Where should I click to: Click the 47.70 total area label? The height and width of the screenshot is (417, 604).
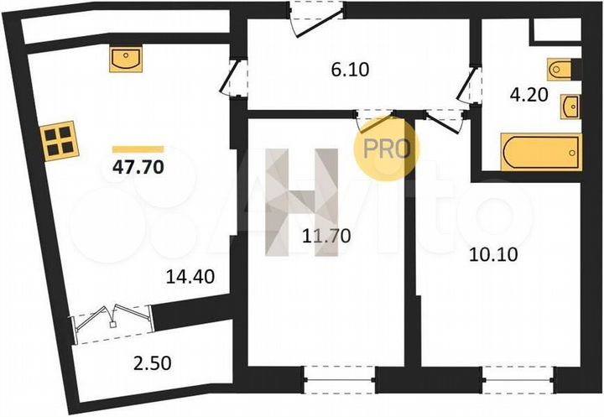coord(138,165)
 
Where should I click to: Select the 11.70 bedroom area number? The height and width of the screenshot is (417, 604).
coord(322,237)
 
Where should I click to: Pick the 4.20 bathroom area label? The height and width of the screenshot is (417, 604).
coord(530,95)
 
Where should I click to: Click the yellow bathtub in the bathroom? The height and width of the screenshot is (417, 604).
coord(539,152)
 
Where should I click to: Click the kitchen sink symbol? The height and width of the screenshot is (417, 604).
coord(128,59)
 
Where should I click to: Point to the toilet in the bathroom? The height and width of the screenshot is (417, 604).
coord(560,69)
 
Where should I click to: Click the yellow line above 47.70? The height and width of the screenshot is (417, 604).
coord(138,148)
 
